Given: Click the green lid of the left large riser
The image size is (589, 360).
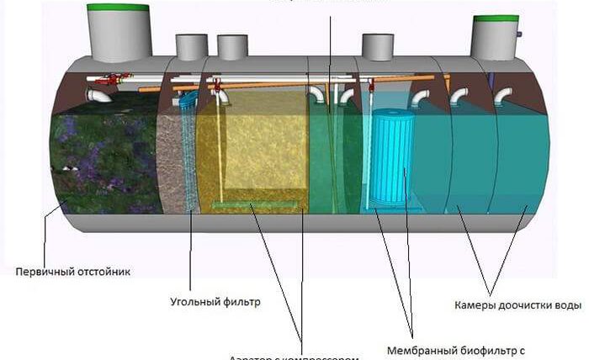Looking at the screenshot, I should point(119,8).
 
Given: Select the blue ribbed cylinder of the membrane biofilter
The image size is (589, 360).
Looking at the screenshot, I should point(394,160).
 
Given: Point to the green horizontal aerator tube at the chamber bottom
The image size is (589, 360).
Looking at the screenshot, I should point(256,204).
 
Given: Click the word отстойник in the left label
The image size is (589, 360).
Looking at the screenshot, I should point(102,272).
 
